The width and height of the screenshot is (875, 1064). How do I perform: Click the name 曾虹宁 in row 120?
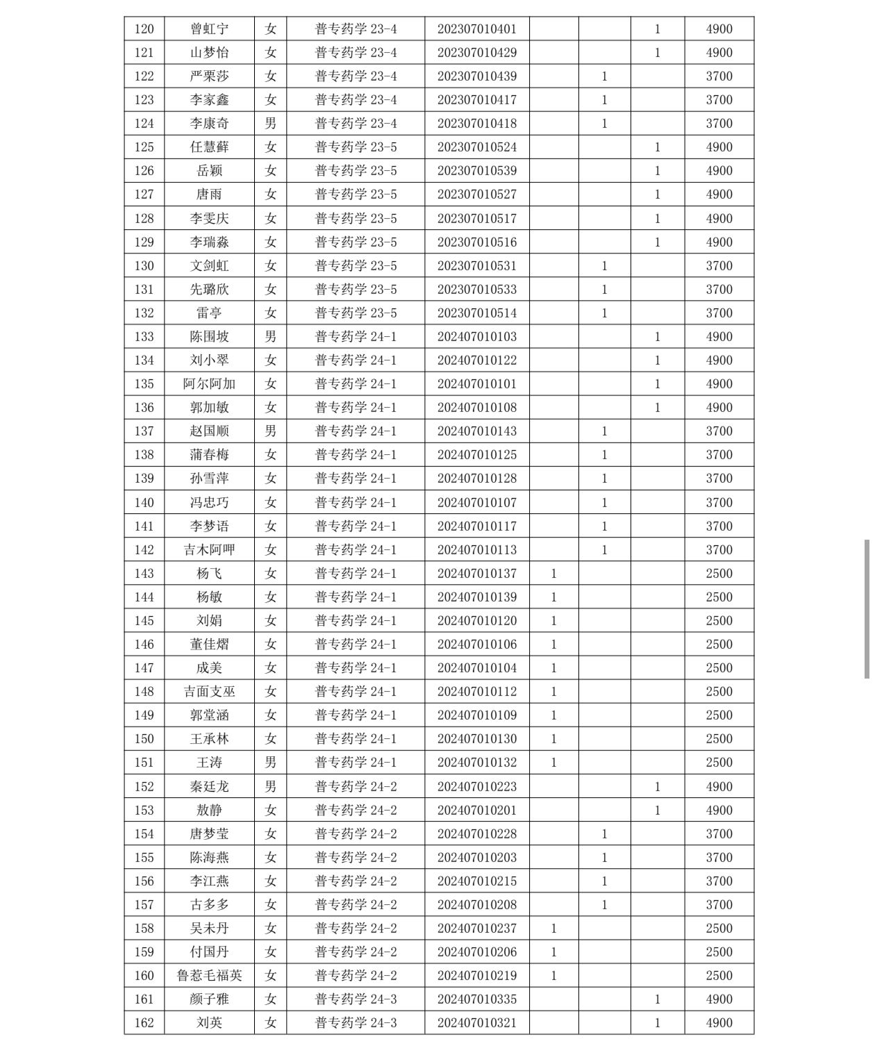point(209,29)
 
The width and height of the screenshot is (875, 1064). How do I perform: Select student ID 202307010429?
point(477,53)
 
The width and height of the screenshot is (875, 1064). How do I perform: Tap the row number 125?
point(144,147)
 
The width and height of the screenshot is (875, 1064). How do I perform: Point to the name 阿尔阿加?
point(209,384)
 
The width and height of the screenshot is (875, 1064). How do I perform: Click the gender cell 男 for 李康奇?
point(270,124)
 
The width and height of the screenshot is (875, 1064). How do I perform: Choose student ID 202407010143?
point(477,431)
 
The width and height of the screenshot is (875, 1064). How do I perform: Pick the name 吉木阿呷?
point(209,550)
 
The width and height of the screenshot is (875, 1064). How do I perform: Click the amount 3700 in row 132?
point(719,313)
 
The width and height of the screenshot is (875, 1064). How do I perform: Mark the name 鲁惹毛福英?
point(209,976)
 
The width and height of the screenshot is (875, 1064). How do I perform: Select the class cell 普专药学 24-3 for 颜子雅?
point(356,999)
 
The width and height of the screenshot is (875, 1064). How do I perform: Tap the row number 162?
point(144,1023)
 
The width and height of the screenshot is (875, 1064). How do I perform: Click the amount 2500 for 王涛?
point(719,763)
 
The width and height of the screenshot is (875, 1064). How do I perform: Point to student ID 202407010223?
point(477,787)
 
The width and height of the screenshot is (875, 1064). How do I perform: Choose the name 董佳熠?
point(209,645)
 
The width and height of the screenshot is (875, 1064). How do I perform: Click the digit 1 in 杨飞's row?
point(553,574)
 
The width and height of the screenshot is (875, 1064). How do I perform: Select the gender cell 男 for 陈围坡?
point(270,337)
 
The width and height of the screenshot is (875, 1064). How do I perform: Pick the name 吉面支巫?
point(209,692)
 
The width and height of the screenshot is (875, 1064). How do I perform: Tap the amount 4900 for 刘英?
point(719,1023)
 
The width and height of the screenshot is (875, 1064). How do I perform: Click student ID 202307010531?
point(477,266)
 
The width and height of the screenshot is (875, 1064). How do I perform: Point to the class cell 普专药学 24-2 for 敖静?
point(356,811)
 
